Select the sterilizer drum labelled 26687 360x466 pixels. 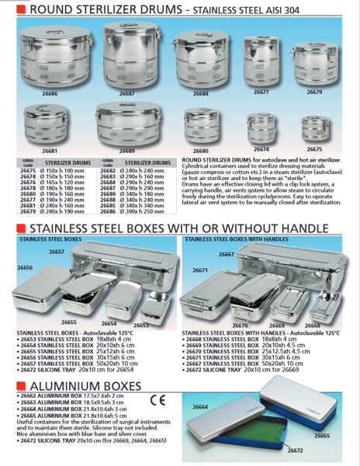click(x=127, y=56)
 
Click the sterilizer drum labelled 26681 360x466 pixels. click(x=49, y=123)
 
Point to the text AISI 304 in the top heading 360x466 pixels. click(x=320, y=11)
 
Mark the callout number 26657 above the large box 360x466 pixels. click(x=55, y=253)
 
